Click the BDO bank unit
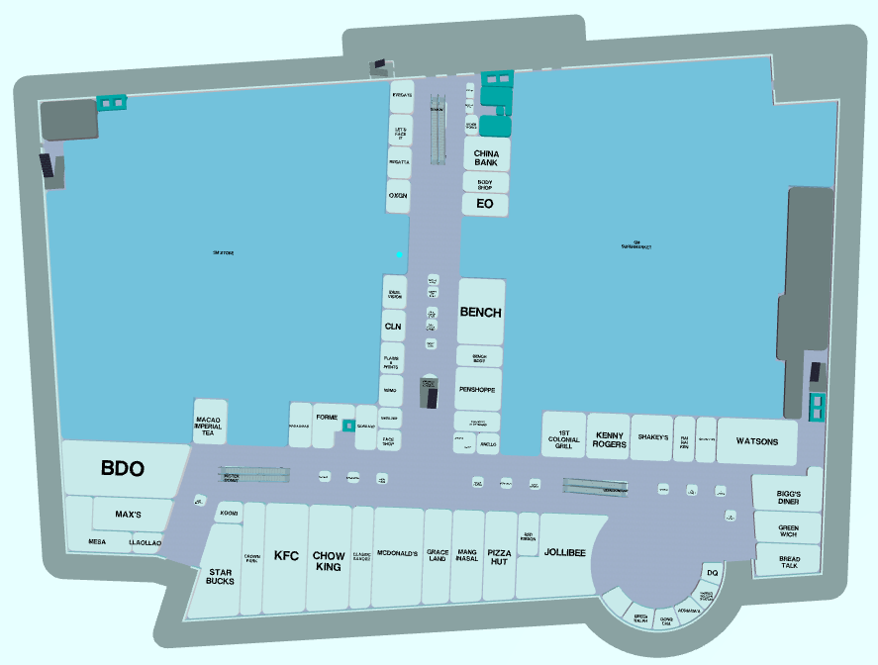point(123,469)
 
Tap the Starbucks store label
point(221,576)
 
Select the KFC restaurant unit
point(286,556)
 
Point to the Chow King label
point(329,561)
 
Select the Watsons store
point(756,441)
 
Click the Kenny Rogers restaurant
point(610,438)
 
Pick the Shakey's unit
point(653,437)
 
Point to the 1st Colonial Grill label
point(564,439)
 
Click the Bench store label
point(480,313)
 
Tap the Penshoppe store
point(479,390)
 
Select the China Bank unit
point(486,156)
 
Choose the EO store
point(485,204)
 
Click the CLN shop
point(393,326)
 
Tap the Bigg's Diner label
point(788,497)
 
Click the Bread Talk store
point(789,560)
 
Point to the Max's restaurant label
point(129,516)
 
